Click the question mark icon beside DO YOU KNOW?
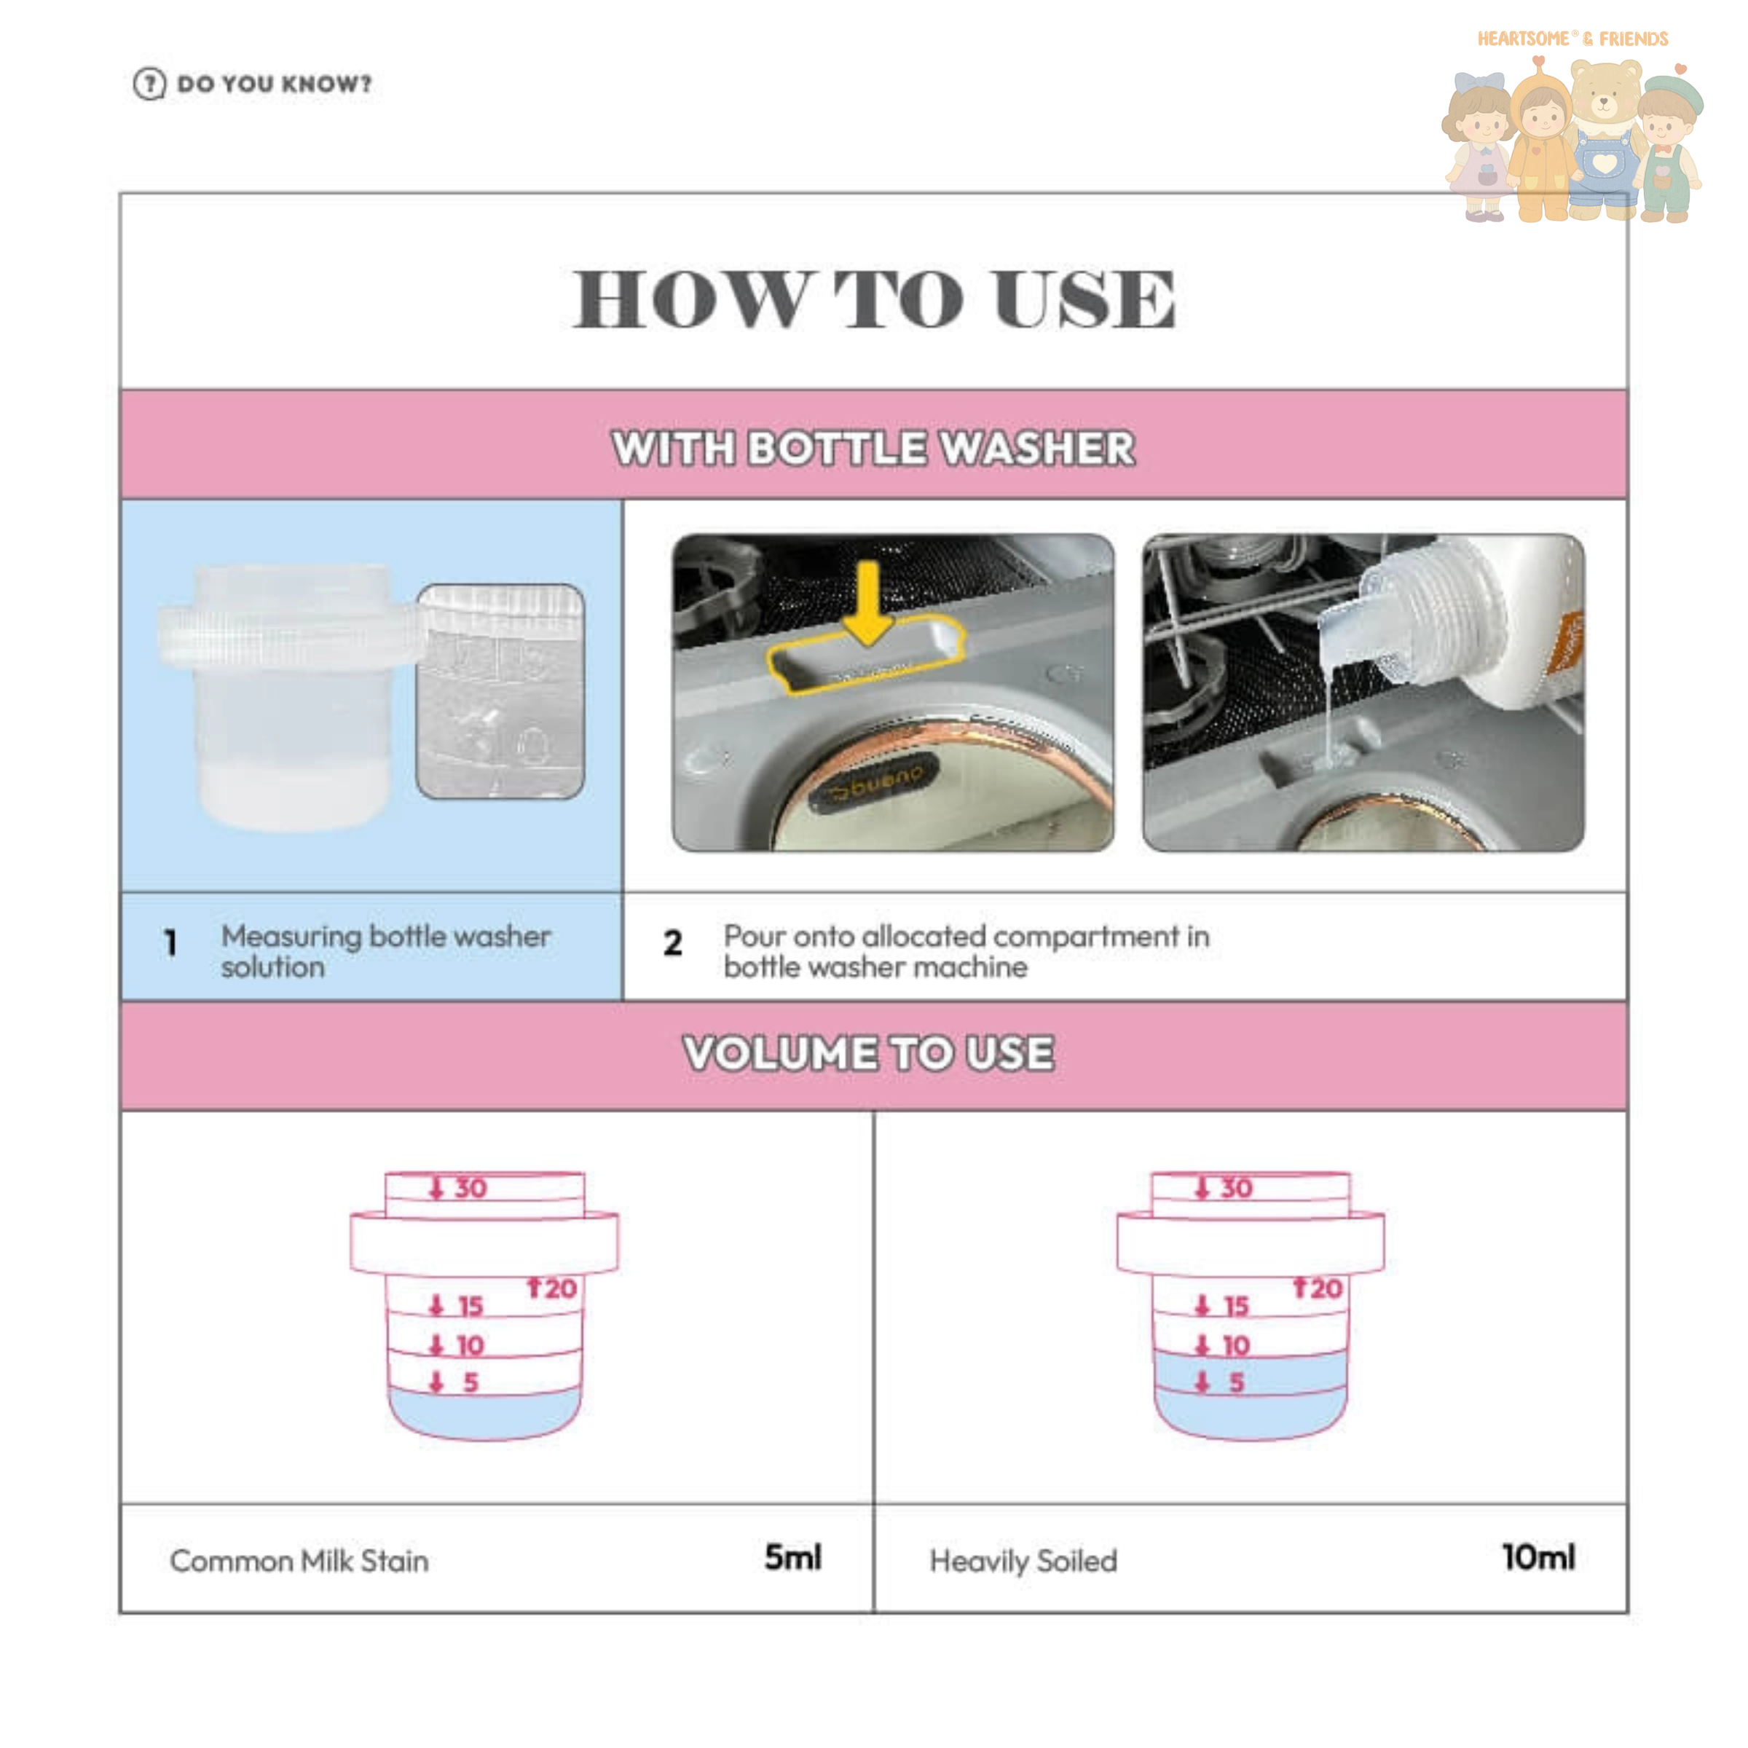pyautogui.click(x=149, y=84)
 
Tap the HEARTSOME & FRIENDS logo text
pyautogui.click(x=1572, y=39)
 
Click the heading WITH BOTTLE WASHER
pyautogui.click(x=873, y=448)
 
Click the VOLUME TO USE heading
pyautogui.click(x=869, y=1054)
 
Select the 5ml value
pyautogui.click(x=793, y=1557)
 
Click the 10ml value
pyautogui.click(x=1539, y=1557)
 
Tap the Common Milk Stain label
pyautogui.click(x=299, y=1561)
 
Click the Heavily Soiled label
pyautogui.click(x=1023, y=1562)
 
